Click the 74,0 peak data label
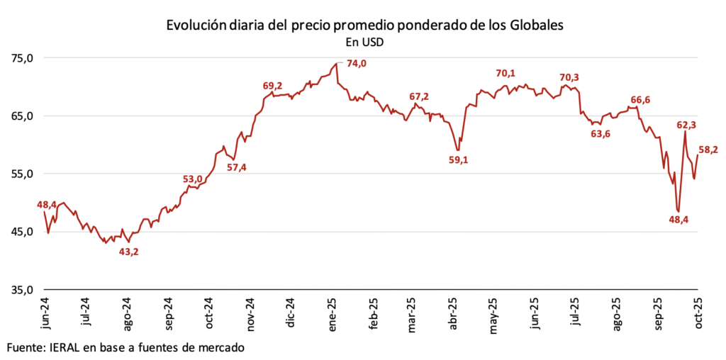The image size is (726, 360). (356, 64)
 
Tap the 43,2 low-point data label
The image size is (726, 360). (128, 252)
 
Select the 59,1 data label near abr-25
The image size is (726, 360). (459, 160)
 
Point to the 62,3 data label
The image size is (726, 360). (686, 125)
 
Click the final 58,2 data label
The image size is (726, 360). (710, 150)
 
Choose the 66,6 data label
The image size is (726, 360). (640, 100)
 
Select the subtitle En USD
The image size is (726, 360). (364, 42)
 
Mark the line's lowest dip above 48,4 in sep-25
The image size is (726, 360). (678, 210)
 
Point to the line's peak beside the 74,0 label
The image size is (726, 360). (336, 63)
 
